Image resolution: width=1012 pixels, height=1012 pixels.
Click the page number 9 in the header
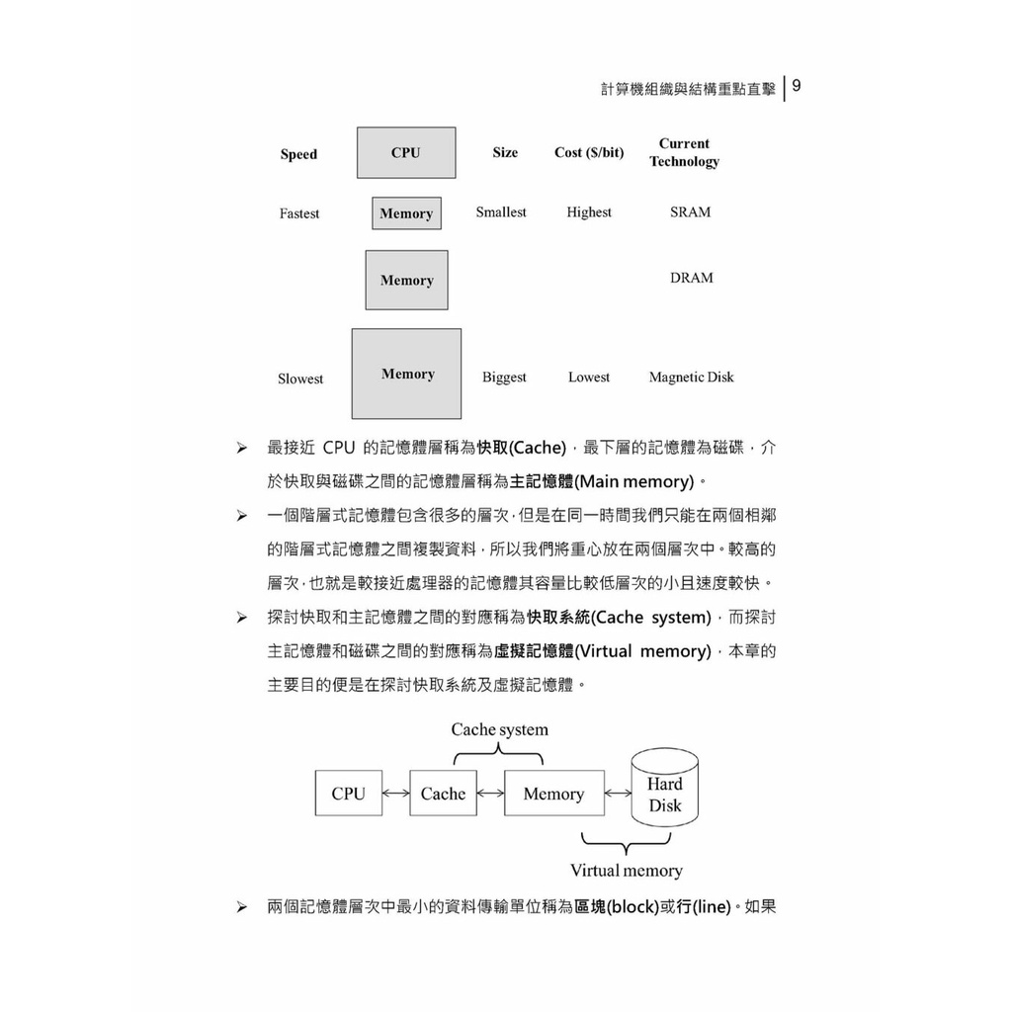coord(797,86)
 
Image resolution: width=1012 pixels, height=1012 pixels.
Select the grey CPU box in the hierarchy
coord(406,152)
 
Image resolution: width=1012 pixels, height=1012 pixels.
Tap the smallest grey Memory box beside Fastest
coord(406,213)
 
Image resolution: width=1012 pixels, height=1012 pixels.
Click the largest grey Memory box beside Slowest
coord(406,374)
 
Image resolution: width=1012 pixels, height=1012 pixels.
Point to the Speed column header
coord(298,154)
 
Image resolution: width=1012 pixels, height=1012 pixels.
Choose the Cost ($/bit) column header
coord(589,152)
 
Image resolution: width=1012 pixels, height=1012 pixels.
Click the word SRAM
coord(690,212)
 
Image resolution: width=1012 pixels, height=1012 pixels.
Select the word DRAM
coord(691,278)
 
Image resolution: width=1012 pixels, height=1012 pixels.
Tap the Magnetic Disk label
coord(691,377)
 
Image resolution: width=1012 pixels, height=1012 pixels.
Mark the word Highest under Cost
coord(589,212)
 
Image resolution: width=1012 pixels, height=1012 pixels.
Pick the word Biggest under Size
coord(504,378)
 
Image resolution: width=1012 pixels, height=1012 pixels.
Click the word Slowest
coord(300,379)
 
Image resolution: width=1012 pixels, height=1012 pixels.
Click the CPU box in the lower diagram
coord(348,794)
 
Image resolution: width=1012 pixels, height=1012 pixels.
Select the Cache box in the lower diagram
coord(443,794)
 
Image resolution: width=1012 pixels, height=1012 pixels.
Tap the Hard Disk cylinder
coord(665,789)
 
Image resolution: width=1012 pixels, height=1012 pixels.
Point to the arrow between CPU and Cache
coord(395,794)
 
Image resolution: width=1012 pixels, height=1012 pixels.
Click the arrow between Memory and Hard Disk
coord(618,794)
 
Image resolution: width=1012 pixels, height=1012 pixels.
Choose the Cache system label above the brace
coord(499,730)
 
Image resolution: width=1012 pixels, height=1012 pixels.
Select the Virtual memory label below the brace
coord(626,871)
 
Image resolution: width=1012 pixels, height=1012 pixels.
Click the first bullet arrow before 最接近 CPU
coord(241,449)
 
